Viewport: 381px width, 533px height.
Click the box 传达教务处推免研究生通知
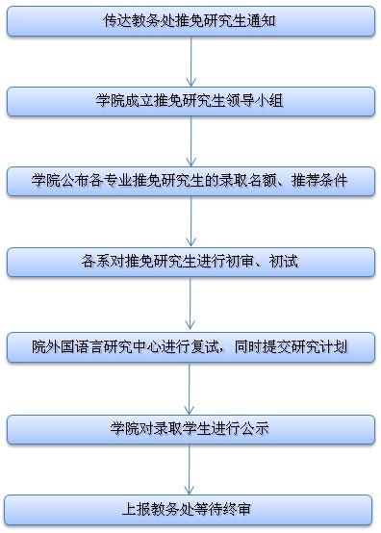point(190,20)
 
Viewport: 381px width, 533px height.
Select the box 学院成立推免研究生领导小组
point(190,100)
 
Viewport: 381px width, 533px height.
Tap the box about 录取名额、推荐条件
point(190,181)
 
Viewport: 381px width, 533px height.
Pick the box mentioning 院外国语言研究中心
point(190,345)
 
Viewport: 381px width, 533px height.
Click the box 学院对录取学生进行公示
point(190,428)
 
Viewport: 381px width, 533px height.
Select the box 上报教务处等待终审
point(190,508)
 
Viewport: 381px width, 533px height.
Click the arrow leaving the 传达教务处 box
point(190,60)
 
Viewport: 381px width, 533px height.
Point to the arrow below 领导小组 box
point(190,140)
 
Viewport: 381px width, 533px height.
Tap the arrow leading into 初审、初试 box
point(190,221)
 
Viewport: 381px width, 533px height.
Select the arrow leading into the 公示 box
point(190,387)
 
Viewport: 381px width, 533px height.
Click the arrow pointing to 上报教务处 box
point(190,469)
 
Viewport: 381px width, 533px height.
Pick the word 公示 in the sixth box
point(257,428)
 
